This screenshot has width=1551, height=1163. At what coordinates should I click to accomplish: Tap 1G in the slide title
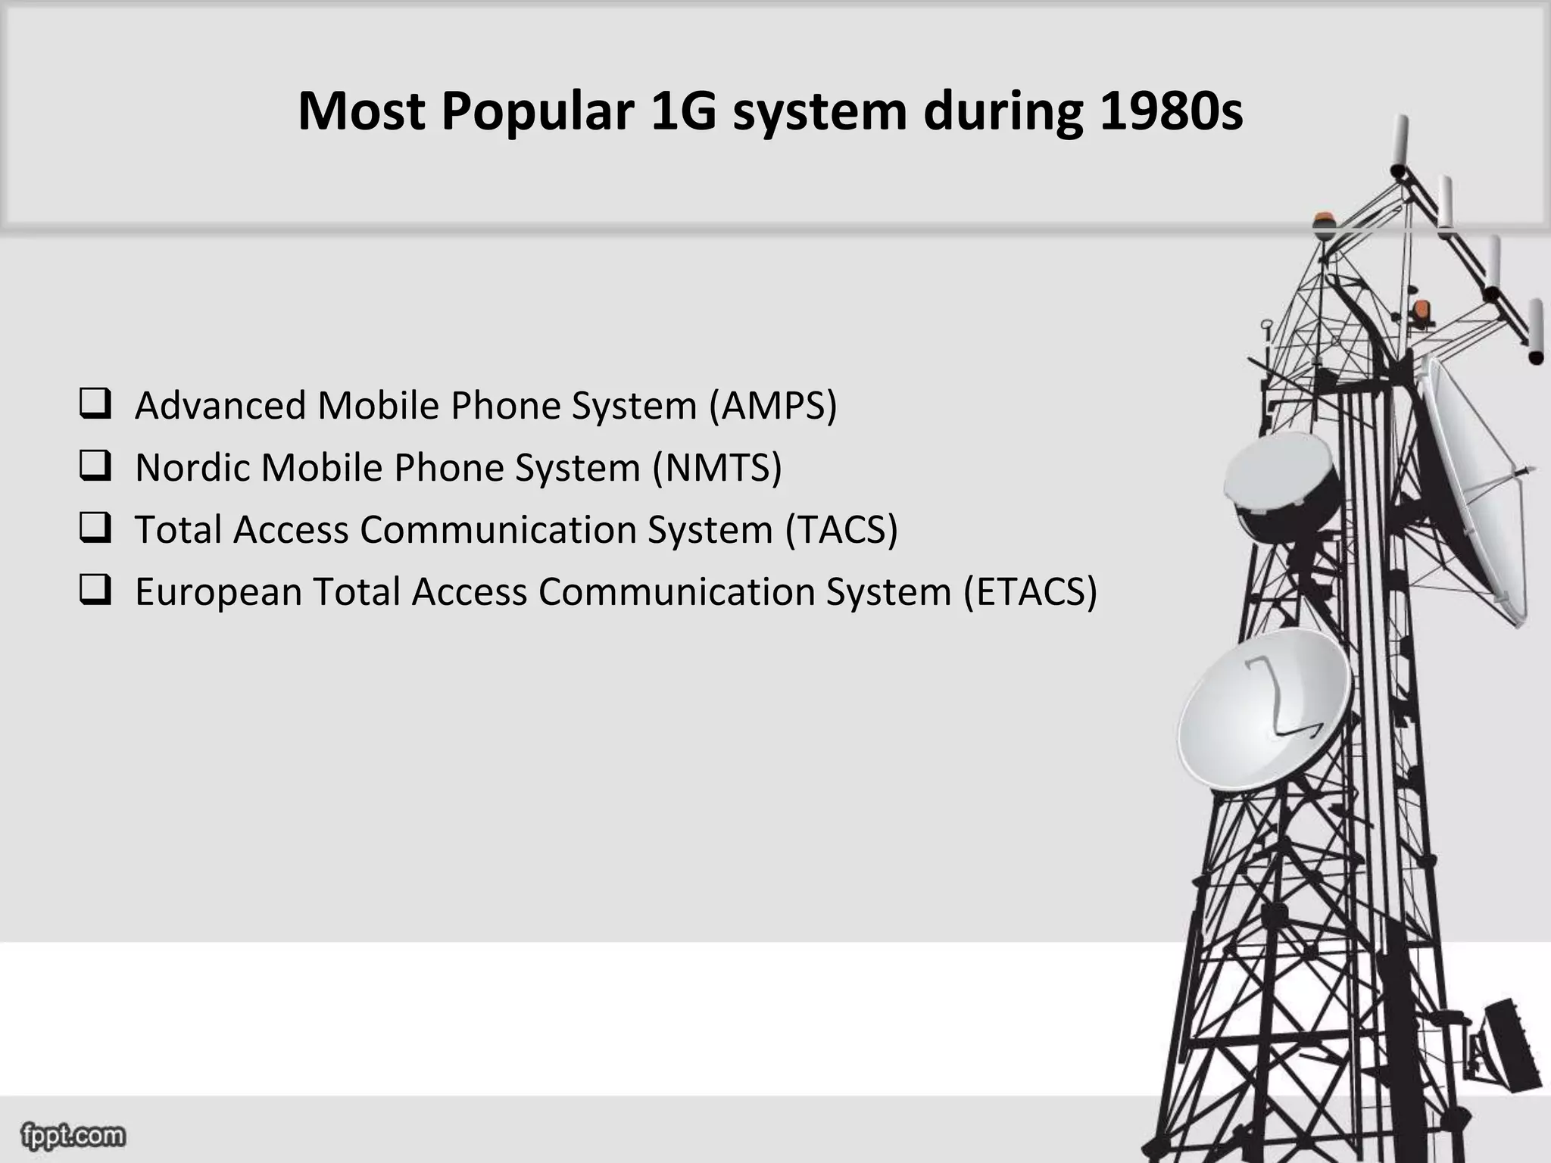pyautogui.click(x=683, y=111)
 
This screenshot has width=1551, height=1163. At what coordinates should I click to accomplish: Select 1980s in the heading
pyautogui.click(x=1170, y=111)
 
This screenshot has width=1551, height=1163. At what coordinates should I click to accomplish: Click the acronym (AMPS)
pyautogui.click(x=773, y=405)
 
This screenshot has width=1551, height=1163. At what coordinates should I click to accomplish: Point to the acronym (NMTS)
pyautogui.click(x=717, y=467)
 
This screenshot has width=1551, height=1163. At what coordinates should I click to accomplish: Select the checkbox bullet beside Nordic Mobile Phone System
pyautogui.click(x=95, y=466)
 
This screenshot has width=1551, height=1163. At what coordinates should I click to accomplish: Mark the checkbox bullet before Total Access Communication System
pyautogui.click(x=95, y=528)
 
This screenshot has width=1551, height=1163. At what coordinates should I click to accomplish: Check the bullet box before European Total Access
pyautogui.click(x=95, y=590)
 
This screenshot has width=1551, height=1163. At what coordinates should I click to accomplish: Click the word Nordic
pyautogui.click(x=192, y=467)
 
